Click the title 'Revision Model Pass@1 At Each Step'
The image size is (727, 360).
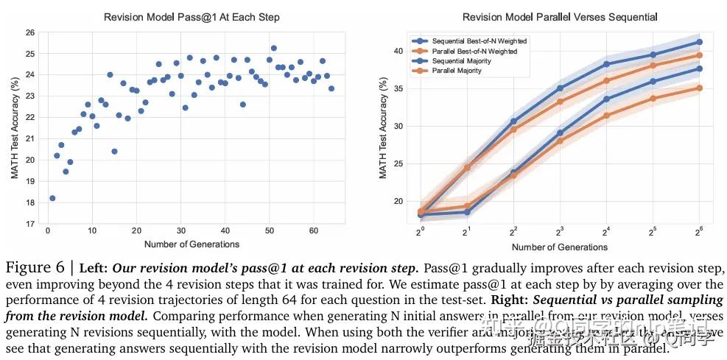(x=192, y=17)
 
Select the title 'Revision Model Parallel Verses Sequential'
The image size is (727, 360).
(x=560, y=17)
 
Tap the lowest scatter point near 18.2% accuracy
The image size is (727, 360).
(x=52, y=198)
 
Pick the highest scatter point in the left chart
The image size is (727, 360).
(x=273, y=48)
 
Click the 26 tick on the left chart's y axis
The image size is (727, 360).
(x=30, y=32)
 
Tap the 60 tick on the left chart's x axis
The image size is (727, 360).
(x=313, y=231)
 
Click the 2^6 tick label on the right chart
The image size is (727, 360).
(x=698, y=233)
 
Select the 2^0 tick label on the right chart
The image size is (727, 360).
(x=421, y=233)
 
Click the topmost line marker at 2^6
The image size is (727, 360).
(x=699, y=42)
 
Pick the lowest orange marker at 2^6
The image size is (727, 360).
(x=699, y=88)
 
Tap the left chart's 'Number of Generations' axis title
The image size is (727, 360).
(x=192, y=244)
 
